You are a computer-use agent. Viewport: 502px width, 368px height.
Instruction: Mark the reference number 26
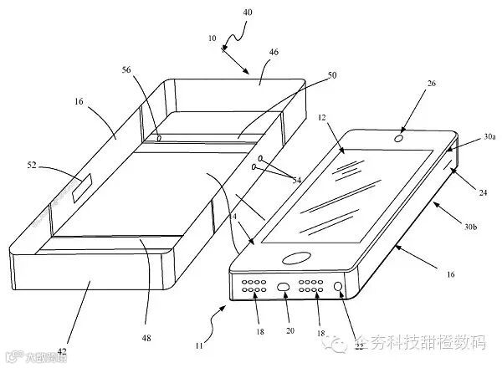[407, 107]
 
